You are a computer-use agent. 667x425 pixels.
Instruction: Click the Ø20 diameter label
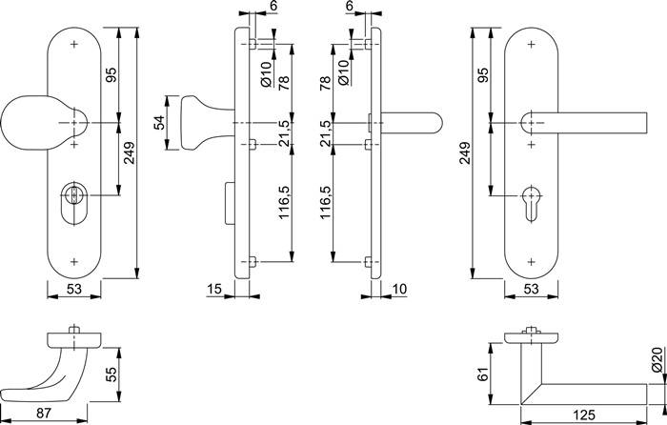656,360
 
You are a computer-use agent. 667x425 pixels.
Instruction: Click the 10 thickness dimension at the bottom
398,288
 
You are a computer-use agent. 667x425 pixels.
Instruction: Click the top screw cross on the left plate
74,44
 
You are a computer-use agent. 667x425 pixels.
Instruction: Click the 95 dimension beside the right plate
483,74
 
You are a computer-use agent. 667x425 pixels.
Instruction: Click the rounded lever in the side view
410,124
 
